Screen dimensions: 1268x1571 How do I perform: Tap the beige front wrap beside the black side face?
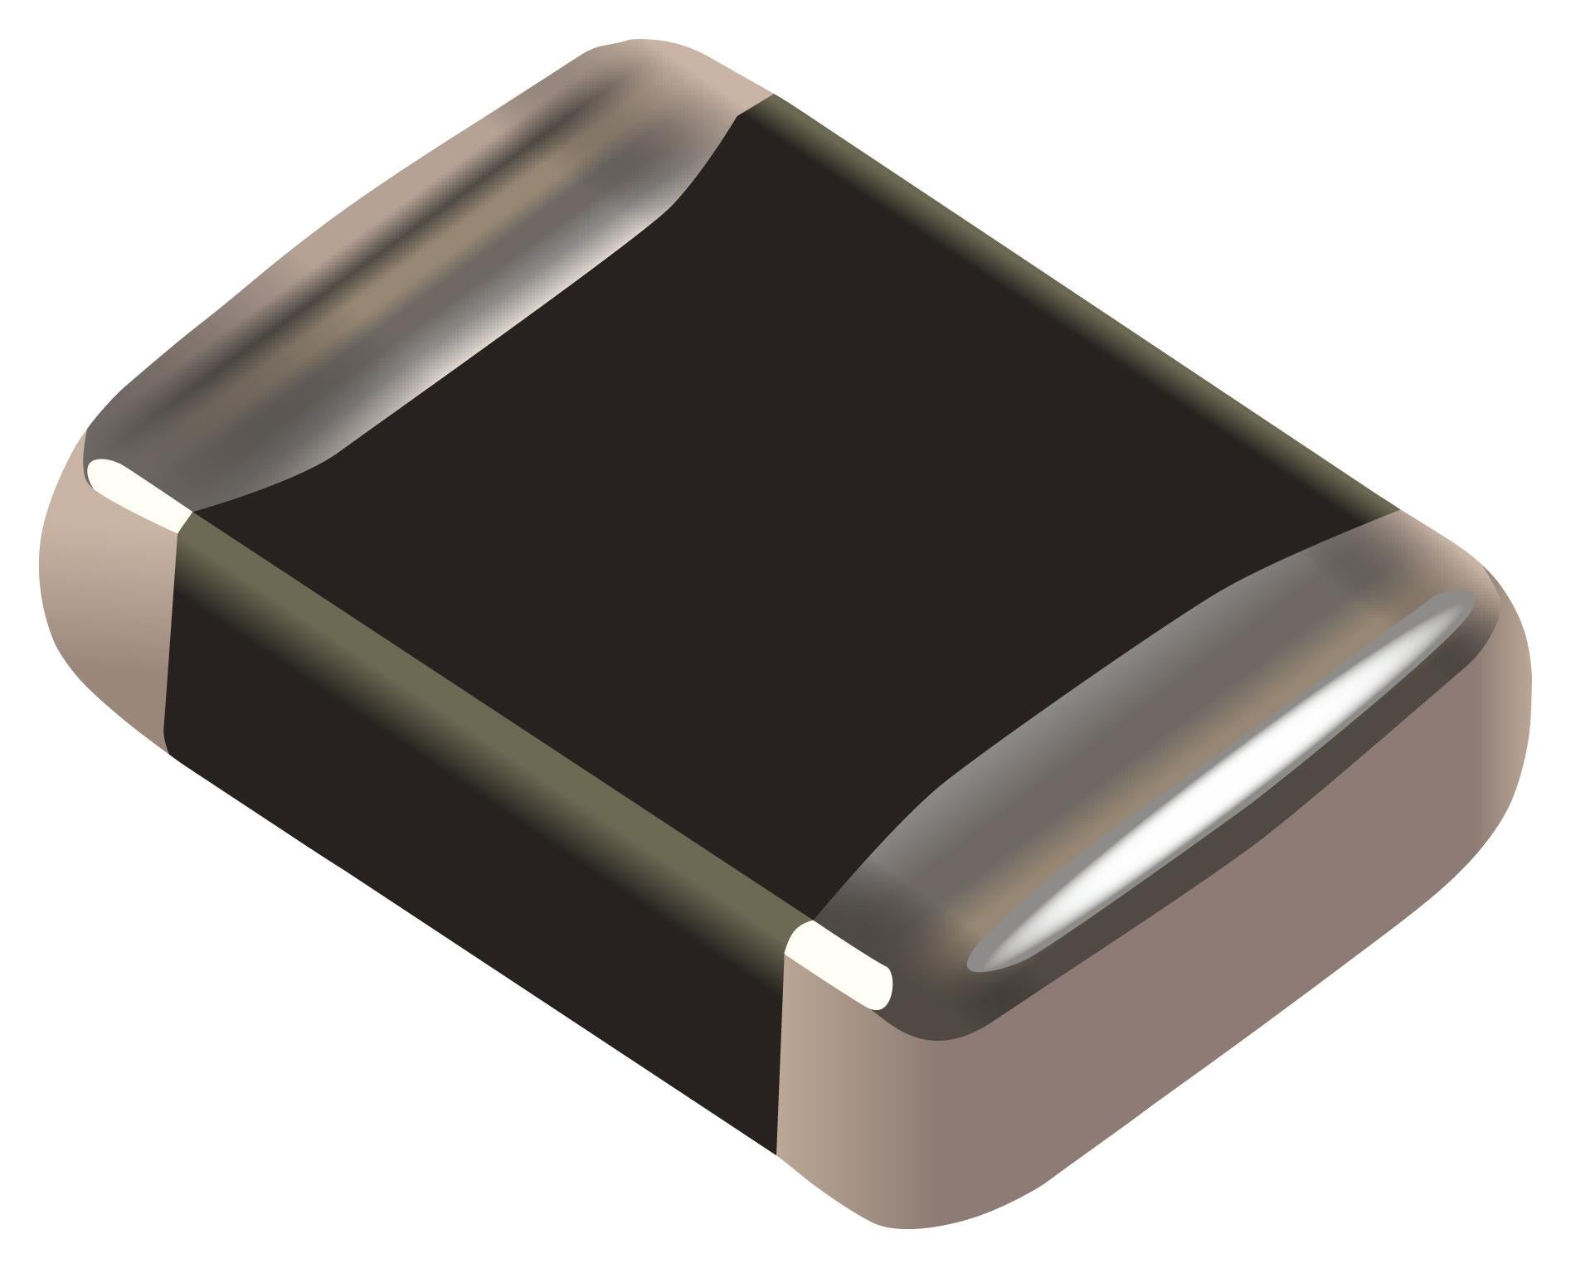click(x=838, y=1103)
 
